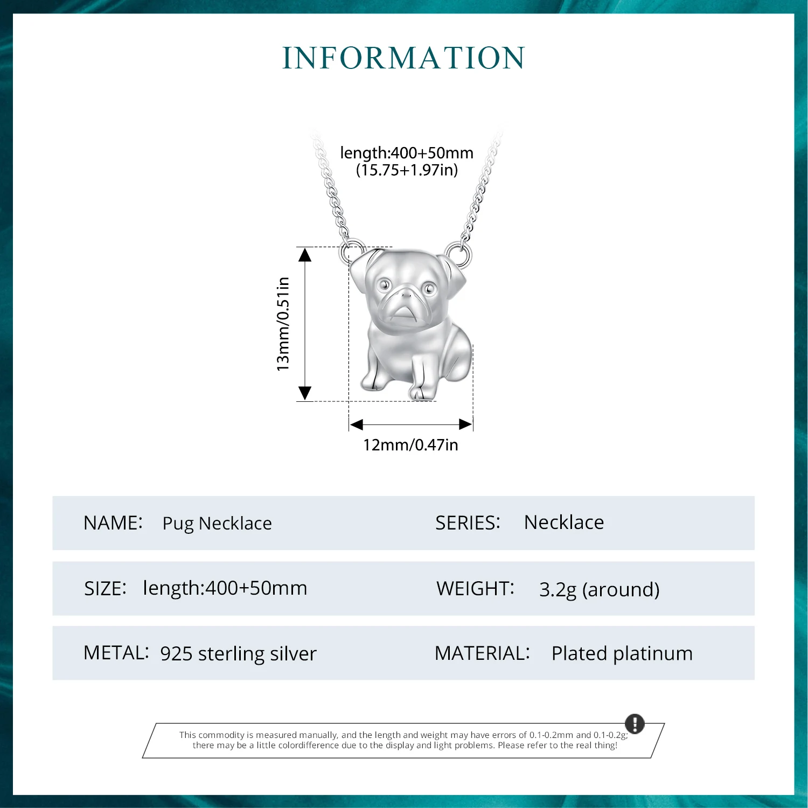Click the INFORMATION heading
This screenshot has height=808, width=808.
click(x=403, y=58)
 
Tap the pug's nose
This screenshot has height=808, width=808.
click(x=405, y=294)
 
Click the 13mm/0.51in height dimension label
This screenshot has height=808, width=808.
click(x=283, y=324)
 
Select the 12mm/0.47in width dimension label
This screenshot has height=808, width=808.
click(x=410, y=445)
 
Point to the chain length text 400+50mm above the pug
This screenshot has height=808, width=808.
click(x=407, y=153)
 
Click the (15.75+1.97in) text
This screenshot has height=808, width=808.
click(x=407, y=170)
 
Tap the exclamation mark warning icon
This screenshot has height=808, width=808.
click(x=635, y=723)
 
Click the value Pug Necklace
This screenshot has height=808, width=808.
click(x=217, y=524)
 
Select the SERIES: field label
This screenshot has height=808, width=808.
click(x=468, y=523)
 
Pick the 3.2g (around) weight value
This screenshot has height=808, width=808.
click(x=599, y=589)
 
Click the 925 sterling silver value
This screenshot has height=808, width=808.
click(x=238, y=653)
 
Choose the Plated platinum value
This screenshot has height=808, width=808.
click(x=622, y=653)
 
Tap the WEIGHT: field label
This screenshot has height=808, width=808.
click(x=475, y=589)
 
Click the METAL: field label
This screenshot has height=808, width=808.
click(x=116, y=653)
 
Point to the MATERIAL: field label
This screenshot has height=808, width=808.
click(x=482, y=653)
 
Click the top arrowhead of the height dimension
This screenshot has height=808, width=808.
click(x=305, y=254)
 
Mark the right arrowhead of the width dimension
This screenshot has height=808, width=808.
click(x=466, y=424)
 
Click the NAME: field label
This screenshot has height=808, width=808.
click(x=113, y=523)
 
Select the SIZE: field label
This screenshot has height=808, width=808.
click(x=106, y=589)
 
